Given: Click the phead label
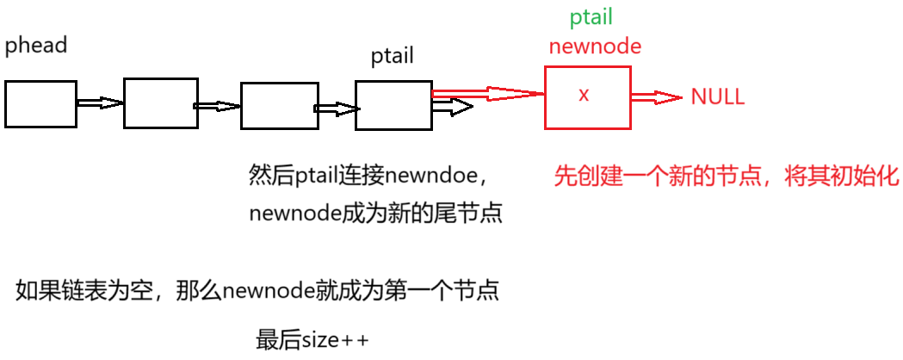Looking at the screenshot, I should [x=36, y=46].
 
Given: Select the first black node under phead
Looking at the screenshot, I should [x=40, y=103].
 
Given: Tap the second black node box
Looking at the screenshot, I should [x=160, y=102].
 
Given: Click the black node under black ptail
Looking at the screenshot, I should [x=393, y=105].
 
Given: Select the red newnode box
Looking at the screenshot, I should [x=587, y=97].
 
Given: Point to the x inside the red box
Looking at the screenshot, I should [x=584, y=95].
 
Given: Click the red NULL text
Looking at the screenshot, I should [x=717, y=96].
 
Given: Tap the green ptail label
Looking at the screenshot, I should [x=591, y=18].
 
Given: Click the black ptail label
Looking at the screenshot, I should [x=392, y=57].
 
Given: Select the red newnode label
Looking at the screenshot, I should [x=595, y=46].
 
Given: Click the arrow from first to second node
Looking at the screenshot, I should [x=100, y=102].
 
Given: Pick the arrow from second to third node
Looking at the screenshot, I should [x=218, y=106].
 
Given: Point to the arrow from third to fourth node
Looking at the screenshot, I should [x=337, y=109].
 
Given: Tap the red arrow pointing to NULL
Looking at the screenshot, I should [x=658, y=97].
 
